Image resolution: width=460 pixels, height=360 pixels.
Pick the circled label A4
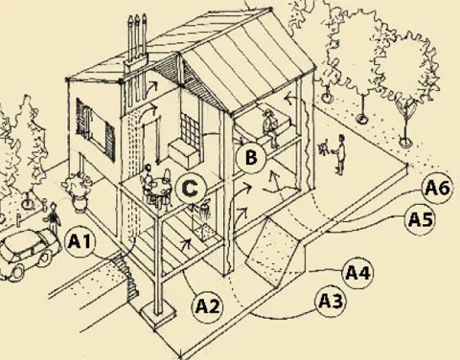(x=356, y=273)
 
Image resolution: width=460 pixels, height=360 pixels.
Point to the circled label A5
(x=419, y=219)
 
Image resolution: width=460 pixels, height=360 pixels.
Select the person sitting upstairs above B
(x=271, y=128)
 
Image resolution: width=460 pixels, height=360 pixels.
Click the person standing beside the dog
(x=340, y=155)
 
